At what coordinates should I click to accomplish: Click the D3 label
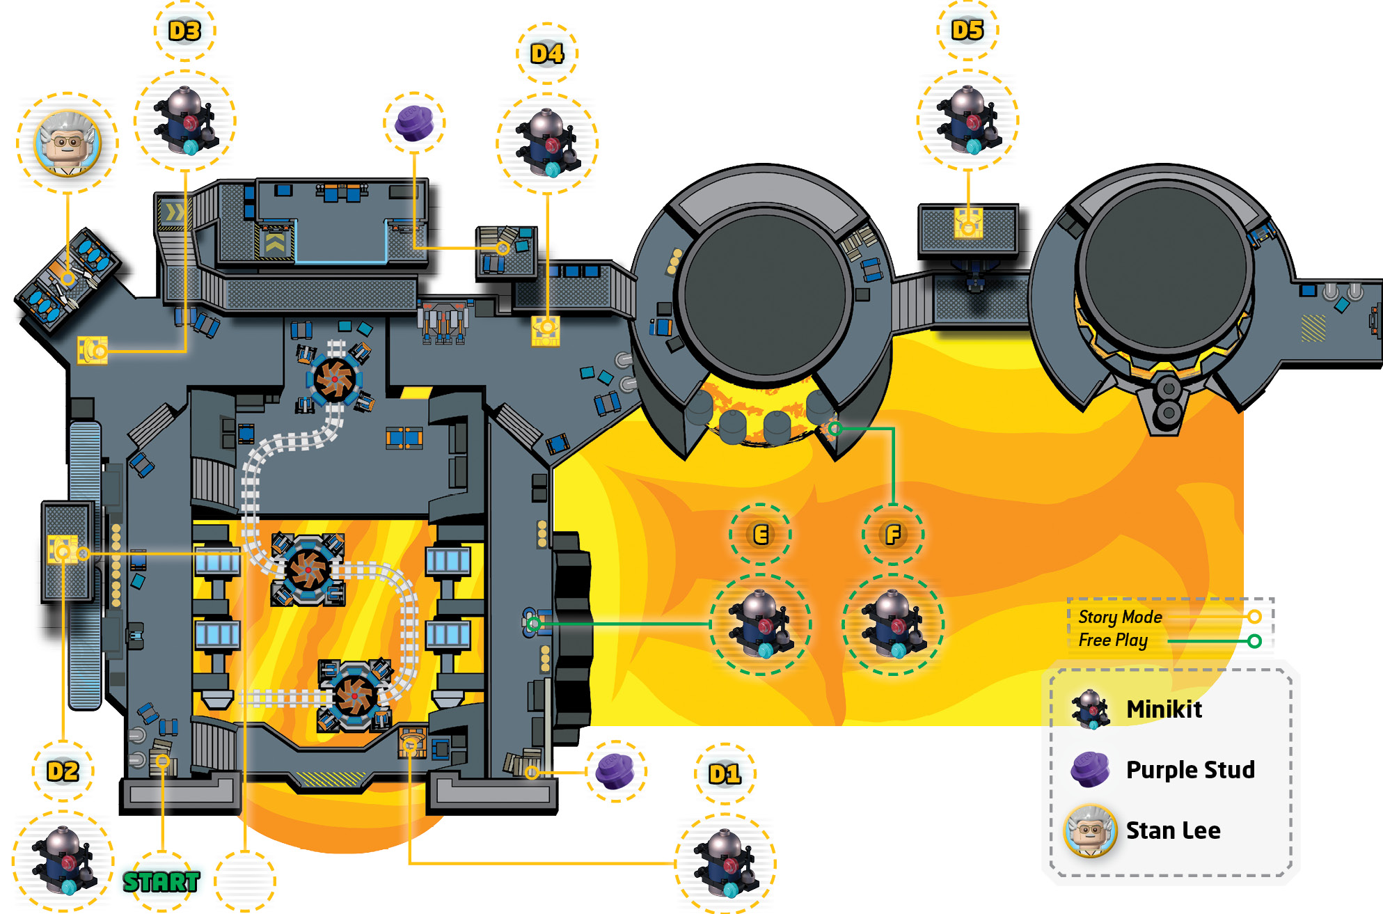[x=184, y=31]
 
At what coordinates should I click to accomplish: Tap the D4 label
[x=547, y=54]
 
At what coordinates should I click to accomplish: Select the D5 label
[x=967, y=30]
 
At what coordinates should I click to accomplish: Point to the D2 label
[x=63, y=771]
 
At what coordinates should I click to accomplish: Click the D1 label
[x=725, y=774]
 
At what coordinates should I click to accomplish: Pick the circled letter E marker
[x=761, y=535]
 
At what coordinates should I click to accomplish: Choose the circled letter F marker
[x=893, y=535]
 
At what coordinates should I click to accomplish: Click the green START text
[x=161, y=882]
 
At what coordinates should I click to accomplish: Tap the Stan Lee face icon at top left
[x=68, y=143]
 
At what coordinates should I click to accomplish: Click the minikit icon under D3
[x=185, y=120]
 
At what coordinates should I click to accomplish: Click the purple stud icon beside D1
[x=615, y=771]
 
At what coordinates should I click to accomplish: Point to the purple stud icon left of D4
[x=414, y=123]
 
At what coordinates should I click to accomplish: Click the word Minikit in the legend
[x=1164, y=709]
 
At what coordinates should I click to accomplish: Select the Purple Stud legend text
[x=1191, y=770]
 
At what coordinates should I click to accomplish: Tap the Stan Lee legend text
[x=1173, y=830]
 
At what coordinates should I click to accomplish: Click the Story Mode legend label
[x=1121, y=617]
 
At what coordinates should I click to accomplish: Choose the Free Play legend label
[x=1113, y=640]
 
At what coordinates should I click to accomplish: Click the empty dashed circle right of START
[x=245, y=881]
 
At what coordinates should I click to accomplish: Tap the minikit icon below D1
[x=725, y=864]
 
